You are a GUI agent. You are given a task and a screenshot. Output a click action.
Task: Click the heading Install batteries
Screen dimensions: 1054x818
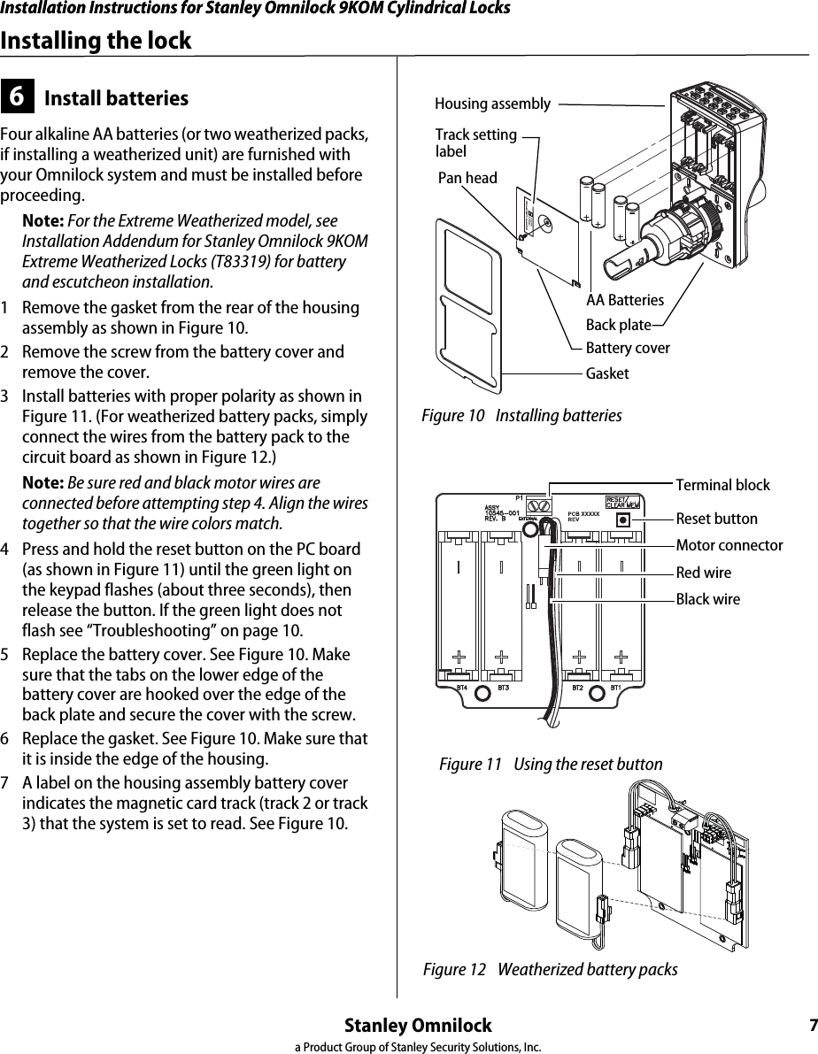tap(116, 98)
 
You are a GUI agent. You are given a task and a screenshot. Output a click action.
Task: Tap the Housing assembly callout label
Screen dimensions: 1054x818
tap(492, 104)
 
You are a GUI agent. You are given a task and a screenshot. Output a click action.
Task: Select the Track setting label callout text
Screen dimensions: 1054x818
tap(475, 142)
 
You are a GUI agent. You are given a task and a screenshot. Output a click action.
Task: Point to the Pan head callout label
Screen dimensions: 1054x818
tap(467, 178)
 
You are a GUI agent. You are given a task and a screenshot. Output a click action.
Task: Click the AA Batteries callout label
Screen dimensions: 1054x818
tap(624, 301)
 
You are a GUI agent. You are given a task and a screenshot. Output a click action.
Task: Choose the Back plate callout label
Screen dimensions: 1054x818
tap(618, 325)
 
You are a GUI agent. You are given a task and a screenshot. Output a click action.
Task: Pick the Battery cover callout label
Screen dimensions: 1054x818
tap(628, 348)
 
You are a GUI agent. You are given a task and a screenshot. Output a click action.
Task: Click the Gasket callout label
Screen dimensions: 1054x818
tap(607, 373)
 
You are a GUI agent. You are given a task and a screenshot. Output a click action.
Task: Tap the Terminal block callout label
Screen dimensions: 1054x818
tap(722, 485)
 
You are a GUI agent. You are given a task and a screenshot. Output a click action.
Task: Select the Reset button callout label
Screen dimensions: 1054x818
tap(716, 519)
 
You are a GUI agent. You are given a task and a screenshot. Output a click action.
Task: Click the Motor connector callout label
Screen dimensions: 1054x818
tap(729, 545)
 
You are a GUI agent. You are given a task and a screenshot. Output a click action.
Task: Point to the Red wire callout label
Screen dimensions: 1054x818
tap(704, 573)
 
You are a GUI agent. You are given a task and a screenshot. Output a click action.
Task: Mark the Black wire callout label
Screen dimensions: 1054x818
tap(707, 599)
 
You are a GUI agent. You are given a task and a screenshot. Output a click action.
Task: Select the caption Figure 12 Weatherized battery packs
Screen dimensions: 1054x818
tap(550, 970)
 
